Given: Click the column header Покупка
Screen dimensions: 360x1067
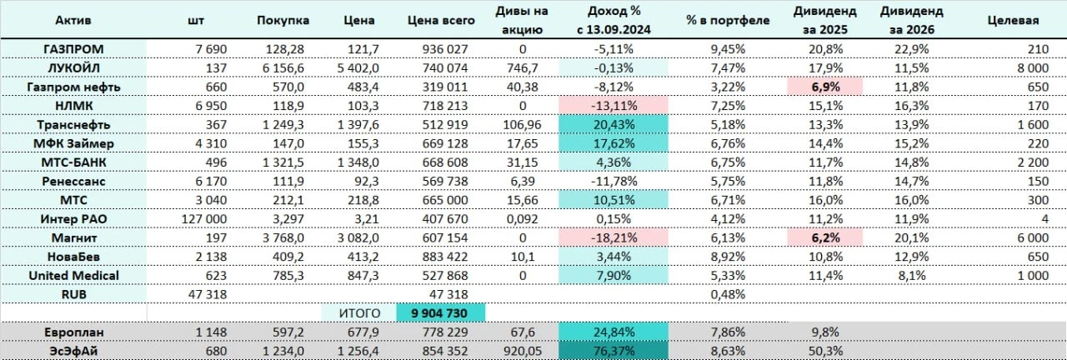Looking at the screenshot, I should click(283, 18).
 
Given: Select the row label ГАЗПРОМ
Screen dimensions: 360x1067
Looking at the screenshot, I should click(73, 49).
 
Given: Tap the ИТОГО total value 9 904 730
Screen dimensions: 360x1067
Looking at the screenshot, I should click(441, 313).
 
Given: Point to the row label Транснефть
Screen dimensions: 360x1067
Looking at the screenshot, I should click(73, 124).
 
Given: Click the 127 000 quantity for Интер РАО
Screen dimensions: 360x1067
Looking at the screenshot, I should click(203, 219).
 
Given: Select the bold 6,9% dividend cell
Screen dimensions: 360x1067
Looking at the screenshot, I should click(829, 87).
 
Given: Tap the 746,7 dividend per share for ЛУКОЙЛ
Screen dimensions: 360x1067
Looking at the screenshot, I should click(523, 67).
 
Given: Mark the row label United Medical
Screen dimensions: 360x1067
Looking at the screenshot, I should click(73, 276).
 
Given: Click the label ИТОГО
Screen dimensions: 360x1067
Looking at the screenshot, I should click(359, 313).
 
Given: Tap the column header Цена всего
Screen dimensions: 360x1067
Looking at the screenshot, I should click(441, 18).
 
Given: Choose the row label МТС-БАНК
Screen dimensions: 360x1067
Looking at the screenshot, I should click(73, 162).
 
